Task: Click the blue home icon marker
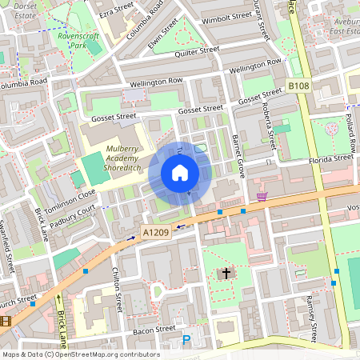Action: click(180, 173)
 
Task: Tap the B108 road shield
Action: click(298, 85)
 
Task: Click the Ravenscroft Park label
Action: click(78, 41)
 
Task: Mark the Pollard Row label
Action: click(350, 132)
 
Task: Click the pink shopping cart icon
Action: click(262, 196)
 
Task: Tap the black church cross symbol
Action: click(226, 274)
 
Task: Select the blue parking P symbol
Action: click(186, 341)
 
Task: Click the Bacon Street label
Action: click(154, 329)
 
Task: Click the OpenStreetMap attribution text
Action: click(80, 354)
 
